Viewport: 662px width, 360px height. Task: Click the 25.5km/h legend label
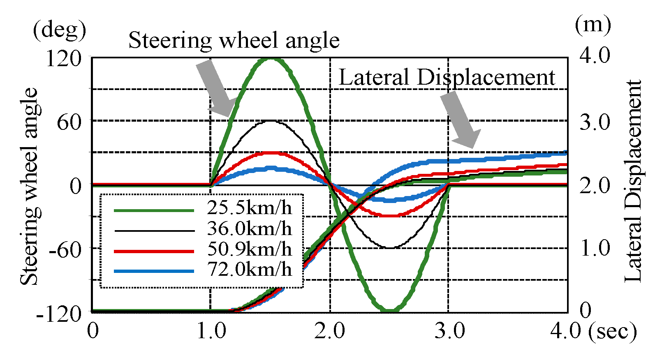249,208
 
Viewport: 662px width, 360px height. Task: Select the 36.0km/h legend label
249,228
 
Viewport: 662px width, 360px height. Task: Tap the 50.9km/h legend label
249,249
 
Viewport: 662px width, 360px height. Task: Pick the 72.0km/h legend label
249,270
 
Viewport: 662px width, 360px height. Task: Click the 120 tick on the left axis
63,59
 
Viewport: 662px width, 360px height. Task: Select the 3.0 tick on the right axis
595,122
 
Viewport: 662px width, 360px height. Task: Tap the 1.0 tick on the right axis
595,249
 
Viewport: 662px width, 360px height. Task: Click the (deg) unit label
60,30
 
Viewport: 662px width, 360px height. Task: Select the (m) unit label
593,25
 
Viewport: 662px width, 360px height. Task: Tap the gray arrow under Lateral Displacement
460,119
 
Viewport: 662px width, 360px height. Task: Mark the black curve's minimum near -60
390,247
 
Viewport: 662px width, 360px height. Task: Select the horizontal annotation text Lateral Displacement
446,78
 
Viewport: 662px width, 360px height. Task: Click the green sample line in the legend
154,210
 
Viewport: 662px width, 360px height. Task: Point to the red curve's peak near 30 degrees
271,153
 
